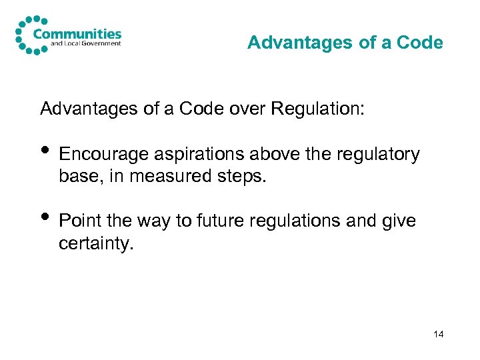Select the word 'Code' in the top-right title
pyautogui.click(x=420, y=43)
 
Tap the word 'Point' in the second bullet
pyautogui.click(x=78, y=220)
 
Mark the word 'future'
pyautogui.click(x=227, y=220)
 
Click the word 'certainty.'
pyautogui.click(x=96, y=245)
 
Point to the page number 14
pyautogui.click(x=438, y=334)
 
